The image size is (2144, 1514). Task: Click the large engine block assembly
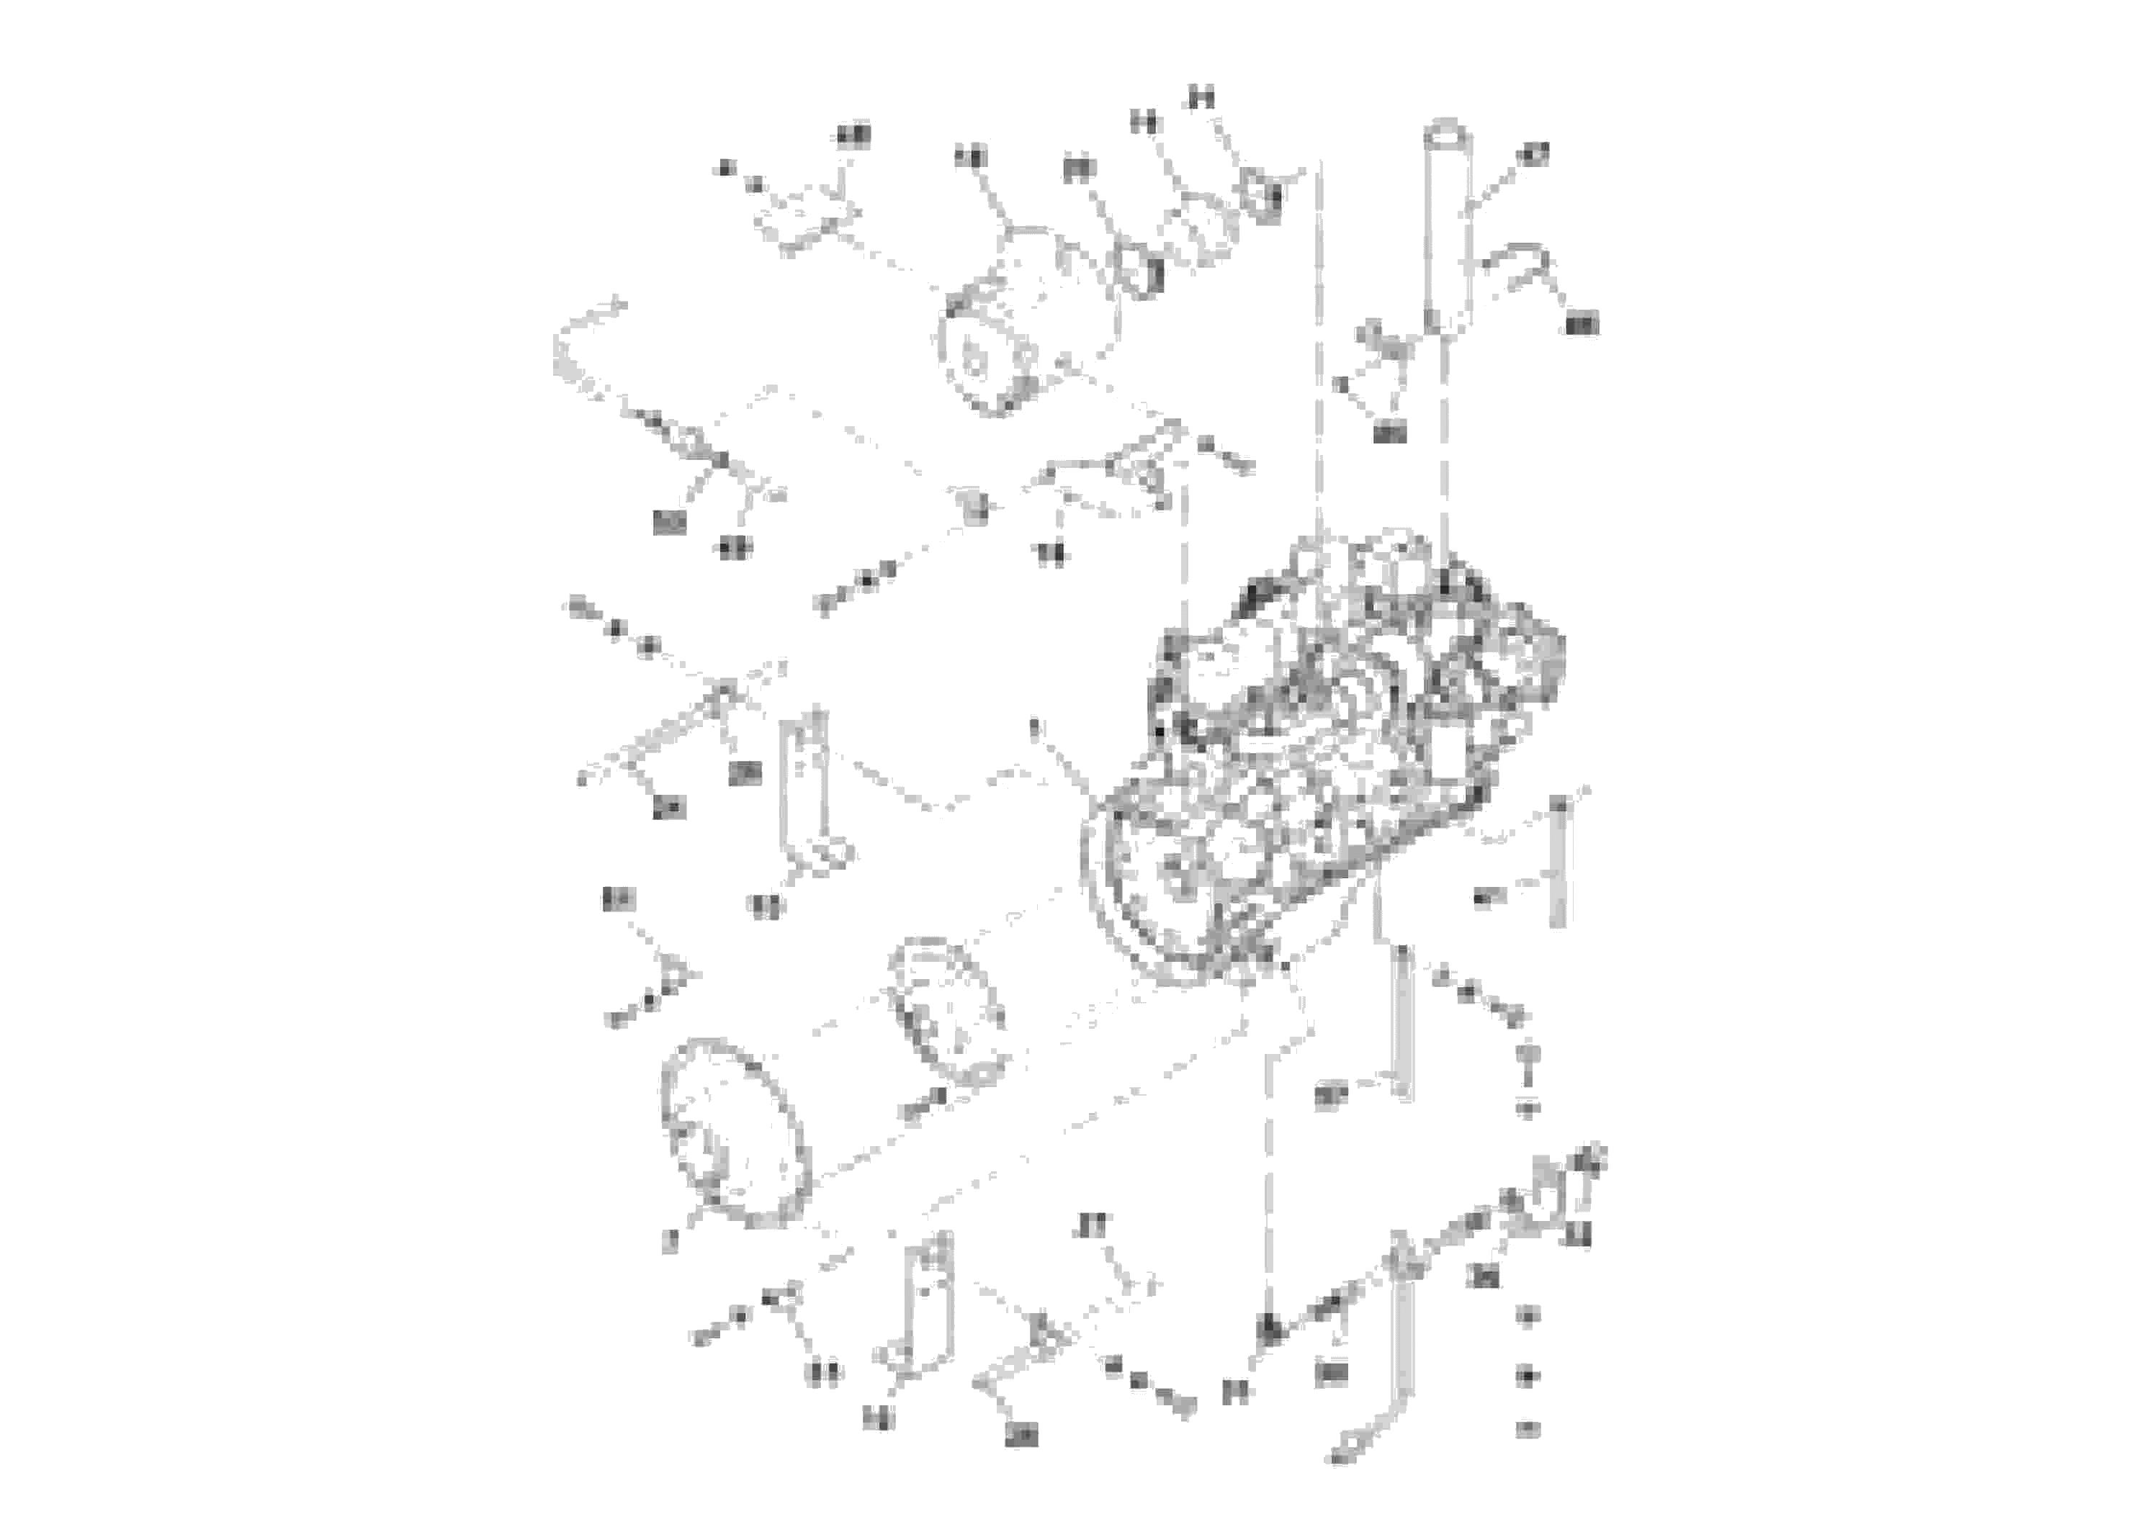(x=1326, y=756)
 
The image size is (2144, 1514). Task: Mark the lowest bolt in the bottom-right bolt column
(x=1528, y=1428)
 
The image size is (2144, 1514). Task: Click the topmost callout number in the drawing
(x=1203, y=98)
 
